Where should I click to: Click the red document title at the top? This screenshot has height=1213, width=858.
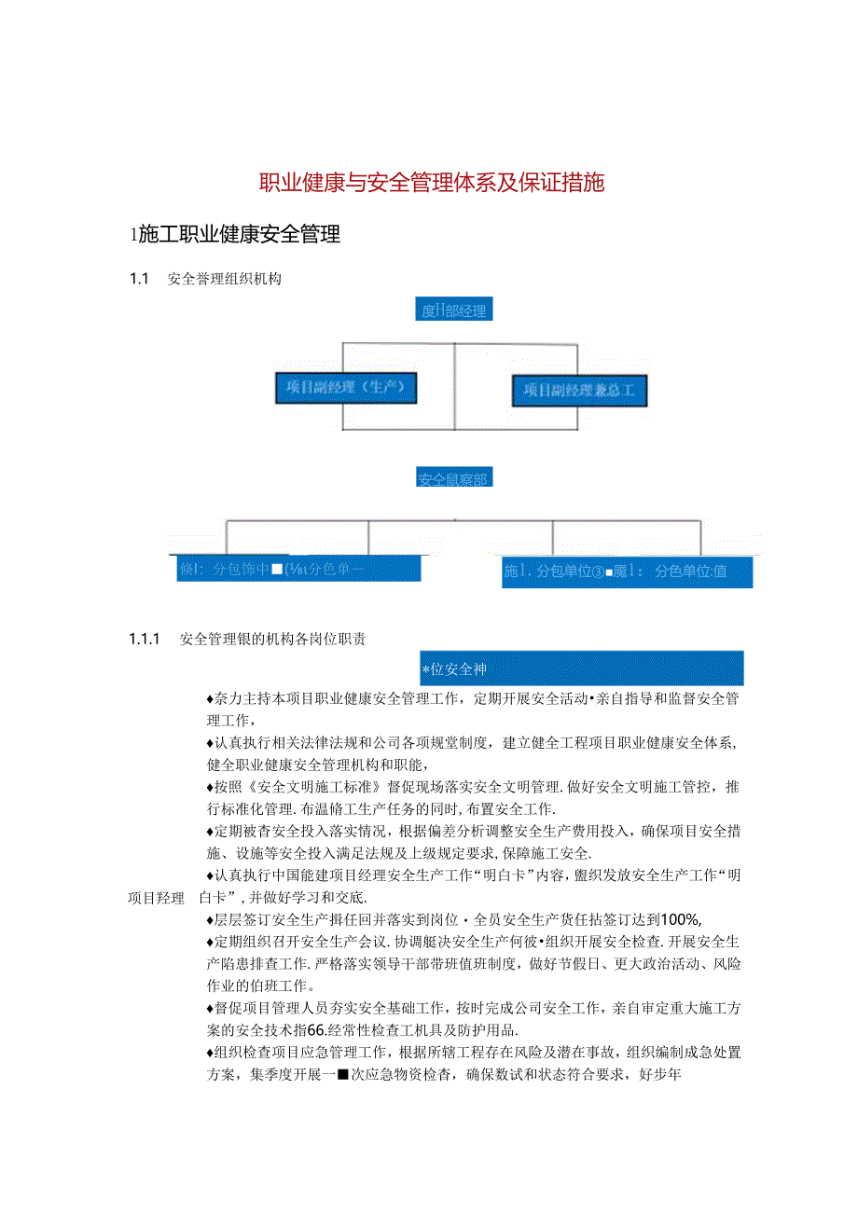(432, 183)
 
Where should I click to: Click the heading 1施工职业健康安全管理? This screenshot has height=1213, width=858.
(235, 235)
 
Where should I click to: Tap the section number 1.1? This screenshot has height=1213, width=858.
(140, 278)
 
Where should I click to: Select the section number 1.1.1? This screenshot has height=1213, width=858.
(145, 639)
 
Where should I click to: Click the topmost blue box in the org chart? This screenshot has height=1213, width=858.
(454, 310)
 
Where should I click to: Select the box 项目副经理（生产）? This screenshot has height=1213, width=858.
(346, 388)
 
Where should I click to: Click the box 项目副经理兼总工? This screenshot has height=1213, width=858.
(579, 391)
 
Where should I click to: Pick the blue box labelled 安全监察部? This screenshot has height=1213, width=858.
(454, 479)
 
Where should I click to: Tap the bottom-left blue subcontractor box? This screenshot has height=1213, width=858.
(298, 569)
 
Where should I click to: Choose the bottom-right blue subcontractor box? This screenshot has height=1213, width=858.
(626, 572)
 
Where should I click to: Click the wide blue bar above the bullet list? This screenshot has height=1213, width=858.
(581, 669)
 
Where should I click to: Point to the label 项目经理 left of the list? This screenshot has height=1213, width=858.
(156, 899)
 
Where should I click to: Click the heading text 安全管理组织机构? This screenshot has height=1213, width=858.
(225, 278)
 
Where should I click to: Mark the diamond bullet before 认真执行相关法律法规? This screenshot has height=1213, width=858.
(210, 743)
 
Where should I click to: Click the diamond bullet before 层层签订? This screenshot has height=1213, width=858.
(210, 918)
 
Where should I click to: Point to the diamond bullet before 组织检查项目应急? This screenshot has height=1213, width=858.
(210, 1054)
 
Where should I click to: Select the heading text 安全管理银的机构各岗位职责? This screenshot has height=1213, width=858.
(272, 639)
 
